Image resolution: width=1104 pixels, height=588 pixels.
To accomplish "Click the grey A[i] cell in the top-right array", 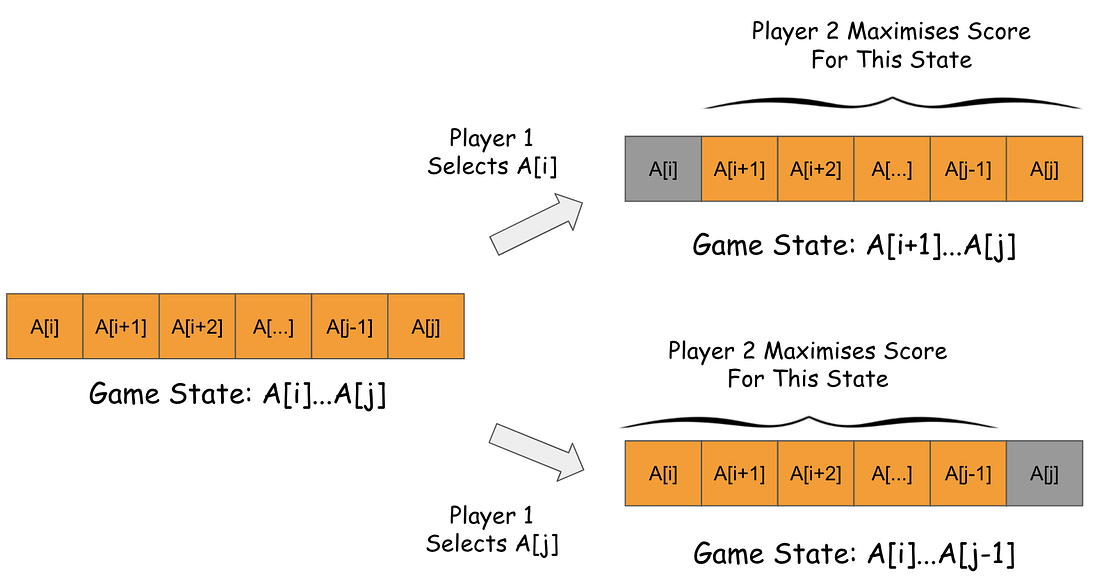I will click(663, 169).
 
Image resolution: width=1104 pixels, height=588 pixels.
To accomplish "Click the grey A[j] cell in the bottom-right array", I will click(1044, 473).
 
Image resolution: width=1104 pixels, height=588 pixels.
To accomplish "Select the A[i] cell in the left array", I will click(45, 326).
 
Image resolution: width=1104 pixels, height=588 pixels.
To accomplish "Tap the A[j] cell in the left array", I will click(426, 326).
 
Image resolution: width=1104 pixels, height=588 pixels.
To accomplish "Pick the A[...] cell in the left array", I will click(273, 326).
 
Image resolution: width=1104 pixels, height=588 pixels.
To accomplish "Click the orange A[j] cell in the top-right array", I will click(1045, 169).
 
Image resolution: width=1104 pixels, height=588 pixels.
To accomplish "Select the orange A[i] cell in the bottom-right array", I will click(662, 473).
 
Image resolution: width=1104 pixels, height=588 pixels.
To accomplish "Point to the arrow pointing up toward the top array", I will click(537, 223).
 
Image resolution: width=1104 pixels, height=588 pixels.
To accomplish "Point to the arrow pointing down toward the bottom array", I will click(537, 449).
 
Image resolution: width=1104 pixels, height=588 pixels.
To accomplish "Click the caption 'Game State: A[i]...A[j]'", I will click(238, 394).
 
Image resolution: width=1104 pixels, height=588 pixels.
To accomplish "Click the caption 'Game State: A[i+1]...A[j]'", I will click(854, 245).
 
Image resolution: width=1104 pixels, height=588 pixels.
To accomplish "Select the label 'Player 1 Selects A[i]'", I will click(491, 152).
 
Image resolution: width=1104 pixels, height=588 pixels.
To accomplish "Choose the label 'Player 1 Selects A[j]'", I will click(491, 530).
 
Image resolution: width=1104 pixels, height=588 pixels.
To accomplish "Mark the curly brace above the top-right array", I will click(892, 101).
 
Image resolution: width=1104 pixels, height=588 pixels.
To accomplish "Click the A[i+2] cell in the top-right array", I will click(816, 169).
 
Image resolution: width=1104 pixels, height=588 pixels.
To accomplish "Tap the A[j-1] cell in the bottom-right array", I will click(968, 473).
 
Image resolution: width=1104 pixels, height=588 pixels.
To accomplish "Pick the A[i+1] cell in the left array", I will click(121, 326).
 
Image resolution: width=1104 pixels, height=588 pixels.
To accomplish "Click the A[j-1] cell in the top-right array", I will click(969, 169).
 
